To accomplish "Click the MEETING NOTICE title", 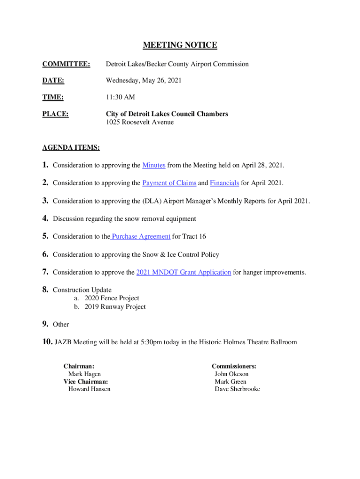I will click(x=180, y=45).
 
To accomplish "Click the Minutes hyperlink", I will click(x=154, y=166).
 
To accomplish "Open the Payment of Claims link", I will click(x=169, y=183).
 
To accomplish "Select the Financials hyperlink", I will click(x=224, y=183).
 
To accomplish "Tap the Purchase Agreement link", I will click(x=141, y=237).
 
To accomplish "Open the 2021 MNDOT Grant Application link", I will click(x=183, y=272).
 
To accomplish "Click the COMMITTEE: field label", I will click(x=66, y=64).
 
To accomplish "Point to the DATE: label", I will click(x=53, y=81).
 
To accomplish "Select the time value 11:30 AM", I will click(x=121, y=97).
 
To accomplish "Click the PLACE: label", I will click(x=56, y=114).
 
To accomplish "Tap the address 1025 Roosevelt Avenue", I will click(x=140, y=123).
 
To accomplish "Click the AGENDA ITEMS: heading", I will click(x=71, y=148).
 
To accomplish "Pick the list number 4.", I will click(x=45, y=218).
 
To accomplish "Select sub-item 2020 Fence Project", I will click(x=112, y=298).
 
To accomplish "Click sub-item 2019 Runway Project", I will click(x=115, y=307).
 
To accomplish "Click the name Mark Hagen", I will click(x=84, y=374).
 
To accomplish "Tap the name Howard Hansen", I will click(x=89, y=389).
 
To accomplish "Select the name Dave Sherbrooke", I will click(x=237, y=389).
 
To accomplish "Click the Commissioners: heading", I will click(x=234, y=367).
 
